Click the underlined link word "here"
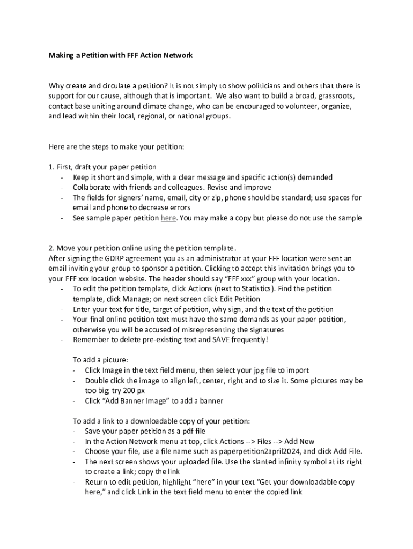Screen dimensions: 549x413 pos(168,218)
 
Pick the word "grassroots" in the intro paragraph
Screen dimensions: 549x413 pos(336,95)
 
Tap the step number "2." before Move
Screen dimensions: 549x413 pos(51,248)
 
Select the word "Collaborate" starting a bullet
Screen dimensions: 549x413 pos(94,187)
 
